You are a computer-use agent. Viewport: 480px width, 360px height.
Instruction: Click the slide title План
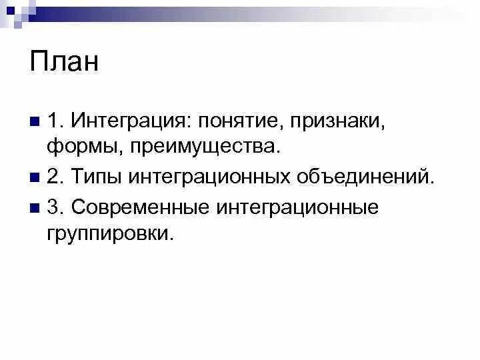pyautogui.click(x=64, y=62)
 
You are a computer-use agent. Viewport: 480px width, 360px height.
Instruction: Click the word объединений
pyautogui.click(x=364, y=177)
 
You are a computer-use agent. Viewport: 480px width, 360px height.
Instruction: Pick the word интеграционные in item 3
pyautogui.click(x=297, y=207)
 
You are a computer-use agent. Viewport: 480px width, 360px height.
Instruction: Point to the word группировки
pyautogui.click(x=109, y=233)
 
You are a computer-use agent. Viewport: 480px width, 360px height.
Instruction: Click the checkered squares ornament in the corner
pyautogui.click(x=15, y=13)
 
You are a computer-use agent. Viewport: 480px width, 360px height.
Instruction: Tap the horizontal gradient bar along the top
pyautogui.click(x=253, y=11)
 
